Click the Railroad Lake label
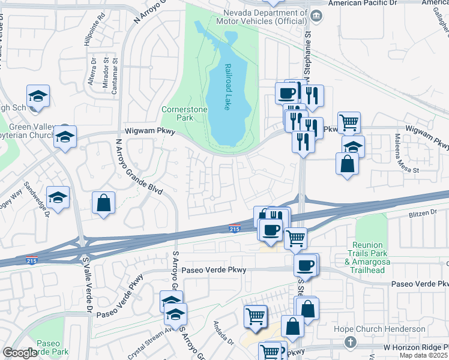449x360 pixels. coord(228,86)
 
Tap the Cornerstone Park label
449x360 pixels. coord(181,113)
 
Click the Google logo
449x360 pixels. coord(19,353)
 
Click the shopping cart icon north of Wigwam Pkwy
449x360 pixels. coord(349,123)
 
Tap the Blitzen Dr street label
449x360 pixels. coord(425,212)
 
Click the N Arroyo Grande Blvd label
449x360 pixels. coord(140,166)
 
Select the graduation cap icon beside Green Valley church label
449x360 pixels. coord(65,137)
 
